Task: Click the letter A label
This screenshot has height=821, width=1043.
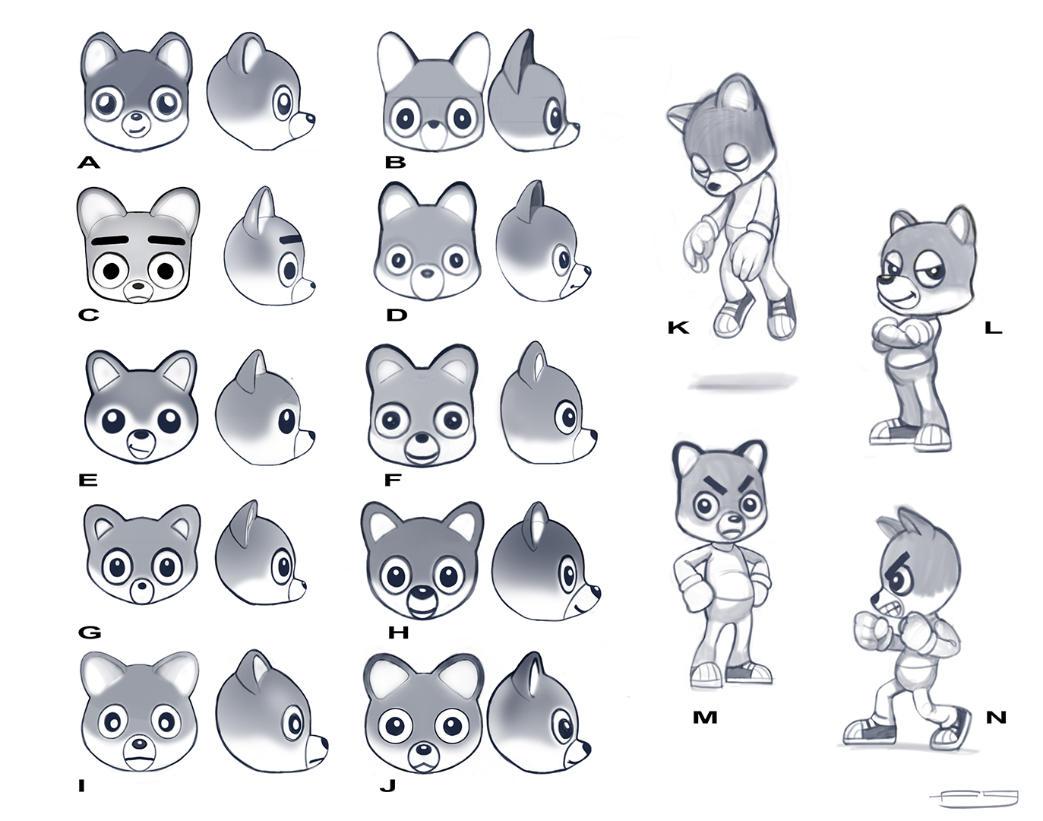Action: coord(89,162)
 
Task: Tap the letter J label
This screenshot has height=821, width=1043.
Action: coord(387,785)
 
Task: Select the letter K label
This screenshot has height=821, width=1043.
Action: coord(678,328)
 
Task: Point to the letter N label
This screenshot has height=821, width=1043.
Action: coord(997,717)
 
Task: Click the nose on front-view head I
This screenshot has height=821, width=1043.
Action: coord(140,743)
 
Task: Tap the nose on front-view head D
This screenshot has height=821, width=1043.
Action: coord(428,274)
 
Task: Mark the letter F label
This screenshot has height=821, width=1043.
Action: coord(392,480)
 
